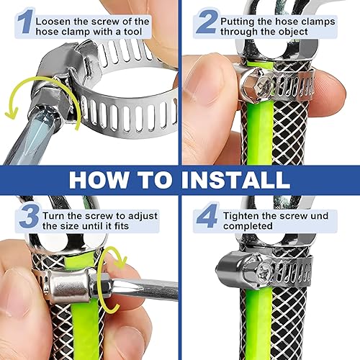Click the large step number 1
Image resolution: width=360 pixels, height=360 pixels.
pyautogui.click(x=24, y=22)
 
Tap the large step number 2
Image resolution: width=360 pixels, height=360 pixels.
pyautogui.click(x=206, y=22)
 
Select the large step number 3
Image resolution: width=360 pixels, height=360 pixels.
pyautogui.click(x=29, y=216)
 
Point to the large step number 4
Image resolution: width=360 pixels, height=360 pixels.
pyautogui.click(x=207, y=216)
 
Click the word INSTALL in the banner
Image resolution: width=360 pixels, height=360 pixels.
pyautogui.click(x=235, y=180)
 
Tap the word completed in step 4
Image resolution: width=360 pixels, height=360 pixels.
pyautogui.click(x=248, y=226)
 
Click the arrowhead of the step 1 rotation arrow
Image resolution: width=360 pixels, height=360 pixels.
pyautogui.click(x=12, y=114)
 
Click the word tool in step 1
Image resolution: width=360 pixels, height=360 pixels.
pyautogui.click(x=132, y=32)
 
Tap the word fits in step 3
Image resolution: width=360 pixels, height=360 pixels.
pyautogui.click(x=121, y=226)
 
